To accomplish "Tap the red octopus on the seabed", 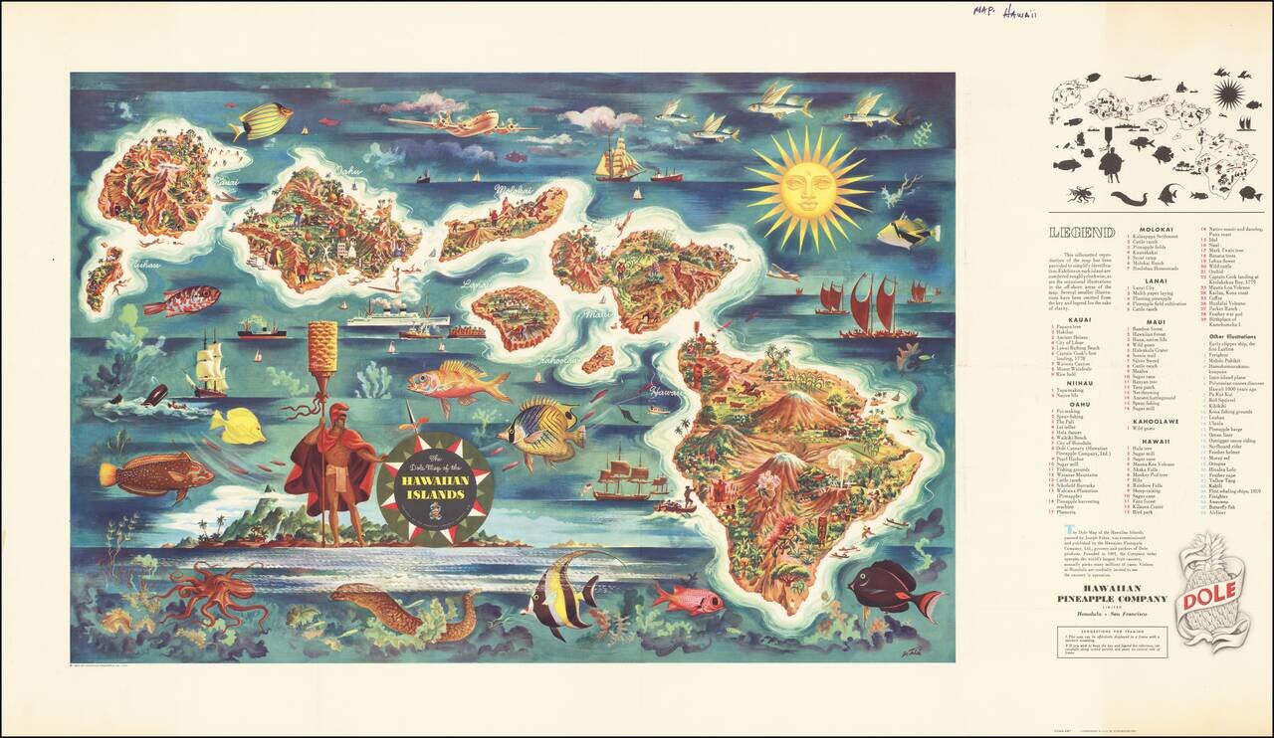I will (203, 591).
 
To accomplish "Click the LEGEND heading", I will (1082, 234).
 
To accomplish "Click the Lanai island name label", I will (475, 284).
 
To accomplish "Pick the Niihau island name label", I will (146, 267).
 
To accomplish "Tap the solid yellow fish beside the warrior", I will (238, 426).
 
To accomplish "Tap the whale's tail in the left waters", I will (154, 394).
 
